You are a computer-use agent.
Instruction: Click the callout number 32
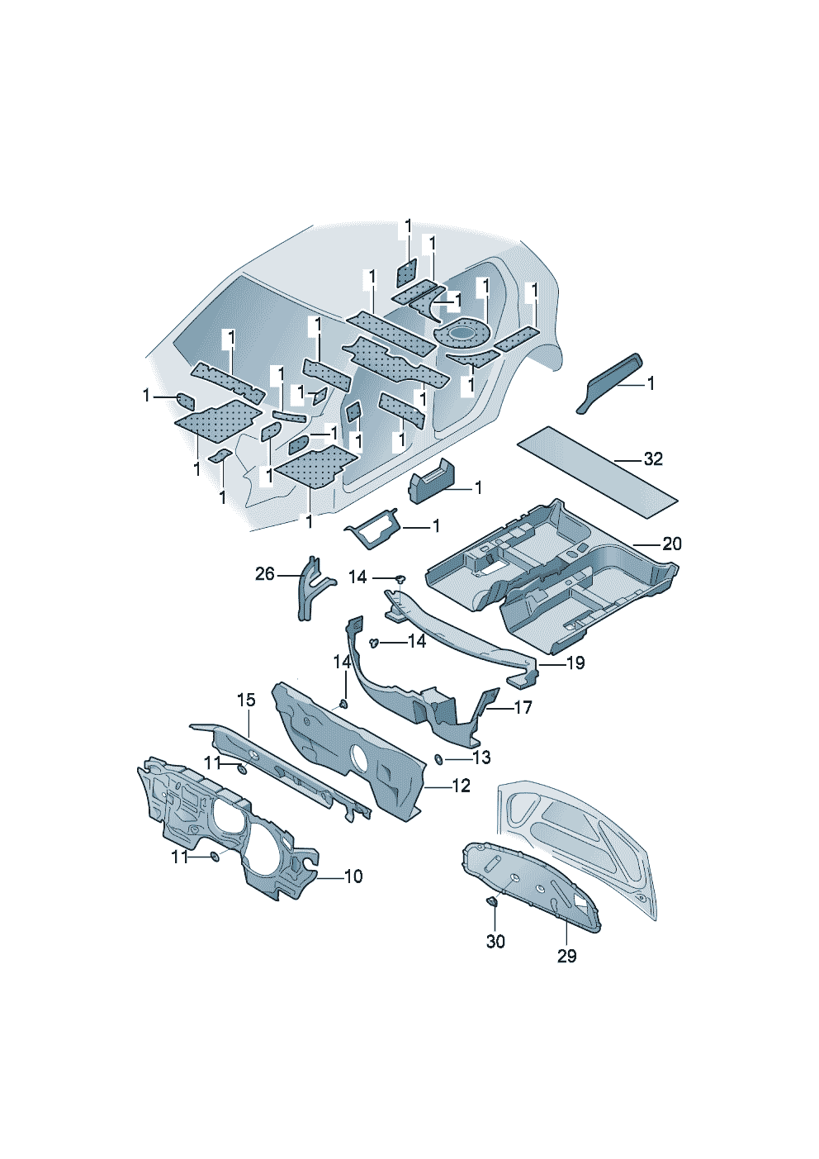pos(653,459)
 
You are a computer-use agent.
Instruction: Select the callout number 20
pos(672,544)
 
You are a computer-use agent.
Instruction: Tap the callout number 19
pos(575,663)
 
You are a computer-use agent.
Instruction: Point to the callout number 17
pos(523,707)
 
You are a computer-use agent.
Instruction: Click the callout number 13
pos(481,758)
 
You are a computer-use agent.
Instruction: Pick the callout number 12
pos(462,786)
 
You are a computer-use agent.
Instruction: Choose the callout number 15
pos(246,700)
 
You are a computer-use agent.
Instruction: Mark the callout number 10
pos(353,876)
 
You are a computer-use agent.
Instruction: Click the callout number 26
pos(265,574)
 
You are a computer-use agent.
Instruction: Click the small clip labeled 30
pos(492,902)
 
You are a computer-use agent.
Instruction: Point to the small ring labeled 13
pos(438,759)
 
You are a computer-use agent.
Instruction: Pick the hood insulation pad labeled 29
pos(530,886)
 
